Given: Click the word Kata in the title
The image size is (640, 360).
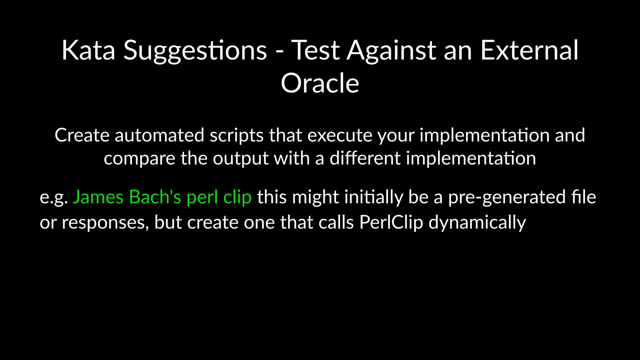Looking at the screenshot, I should [x=88, y=50].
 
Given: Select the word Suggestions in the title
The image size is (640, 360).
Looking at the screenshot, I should [x=195, y=50].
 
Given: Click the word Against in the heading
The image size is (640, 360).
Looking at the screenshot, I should [x=392, y=50].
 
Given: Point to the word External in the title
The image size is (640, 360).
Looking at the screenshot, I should [x=529, y=50].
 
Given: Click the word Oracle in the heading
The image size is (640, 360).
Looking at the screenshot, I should [x=320, y=83].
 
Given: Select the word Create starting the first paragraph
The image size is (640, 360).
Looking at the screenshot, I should [x=82, y=135].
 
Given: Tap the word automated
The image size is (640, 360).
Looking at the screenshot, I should [x=159, y=135].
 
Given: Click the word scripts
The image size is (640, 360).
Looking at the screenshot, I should [x=237, y=135].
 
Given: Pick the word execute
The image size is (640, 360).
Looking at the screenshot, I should [x=340, y=135].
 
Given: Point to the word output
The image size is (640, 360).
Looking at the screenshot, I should [x=241, y=158].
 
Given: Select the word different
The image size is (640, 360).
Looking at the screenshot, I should [x=365, y=158].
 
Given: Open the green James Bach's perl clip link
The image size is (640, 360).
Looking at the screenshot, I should [x=162, y=197].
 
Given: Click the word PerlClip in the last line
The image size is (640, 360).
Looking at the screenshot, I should [x=391, y=223].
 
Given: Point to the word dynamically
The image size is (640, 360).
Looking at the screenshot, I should [x=477, y=223].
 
